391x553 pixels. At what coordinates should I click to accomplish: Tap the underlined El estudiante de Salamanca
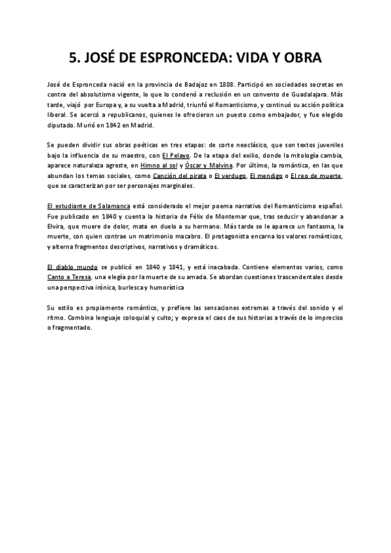(84, 206)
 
